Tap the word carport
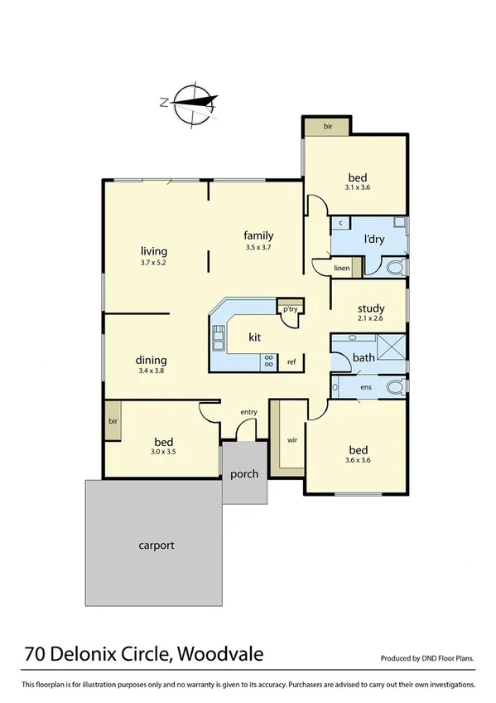[156, 545]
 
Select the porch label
[244, 474]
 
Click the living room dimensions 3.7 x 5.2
[154, 264]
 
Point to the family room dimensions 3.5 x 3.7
[258, 247]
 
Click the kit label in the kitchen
[255, 337]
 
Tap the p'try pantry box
[289, 308]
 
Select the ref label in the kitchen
[291, 362]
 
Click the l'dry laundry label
[377, 240]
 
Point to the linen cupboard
[342, 268]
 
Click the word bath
[364, 358]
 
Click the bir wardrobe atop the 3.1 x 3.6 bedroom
[327, 127]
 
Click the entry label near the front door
[248, 412]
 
